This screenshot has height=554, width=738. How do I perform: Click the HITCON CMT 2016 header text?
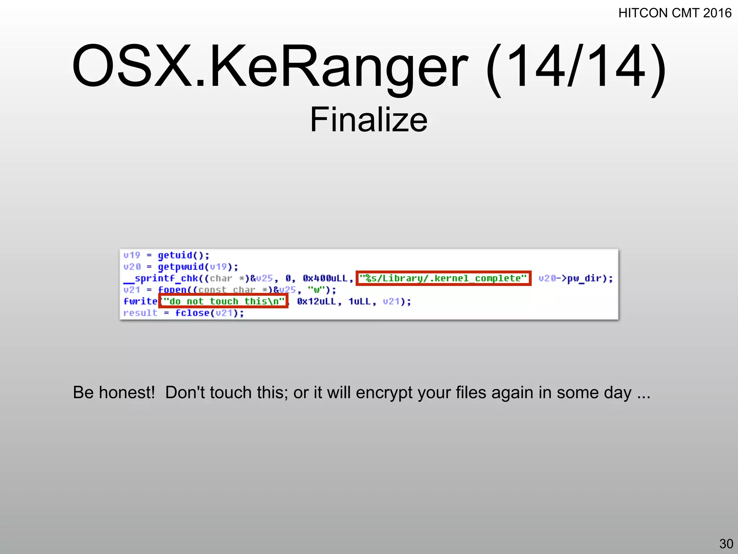tap(675, 13)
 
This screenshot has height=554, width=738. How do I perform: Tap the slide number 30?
tap(726, 544)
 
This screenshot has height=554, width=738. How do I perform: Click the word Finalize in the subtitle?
tap(369, 120)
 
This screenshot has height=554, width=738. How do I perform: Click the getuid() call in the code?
tap(183, 255)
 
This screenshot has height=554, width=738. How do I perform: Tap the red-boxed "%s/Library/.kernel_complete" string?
tap(443, 278)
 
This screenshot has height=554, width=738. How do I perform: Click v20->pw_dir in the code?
tap(575, 278)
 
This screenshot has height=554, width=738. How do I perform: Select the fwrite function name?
tap(140, 301)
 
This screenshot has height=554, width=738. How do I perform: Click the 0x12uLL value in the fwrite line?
tap(316, 302)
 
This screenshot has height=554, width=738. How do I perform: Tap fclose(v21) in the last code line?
tap(209, 313)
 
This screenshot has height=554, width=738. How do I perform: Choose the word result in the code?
tap(140, 313)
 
